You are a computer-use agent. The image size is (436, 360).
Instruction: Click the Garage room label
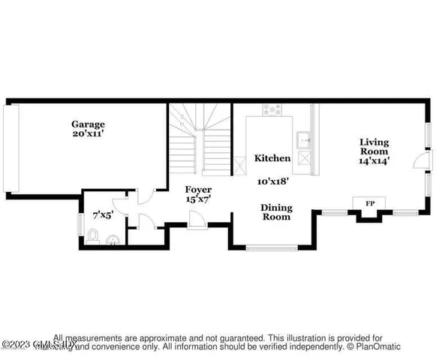[x=88, y=124]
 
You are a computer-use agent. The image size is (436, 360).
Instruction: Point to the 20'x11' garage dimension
[x=88, y=135]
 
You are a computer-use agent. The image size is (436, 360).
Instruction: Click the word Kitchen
[x=272, y=158]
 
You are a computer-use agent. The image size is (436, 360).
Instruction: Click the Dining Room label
[x=276, y=212]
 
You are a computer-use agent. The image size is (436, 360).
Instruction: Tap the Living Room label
[x=374, y=147]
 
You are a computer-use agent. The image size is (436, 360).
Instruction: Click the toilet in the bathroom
[x=92, y=237]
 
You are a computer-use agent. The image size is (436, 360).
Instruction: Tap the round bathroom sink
[x=113, y=241]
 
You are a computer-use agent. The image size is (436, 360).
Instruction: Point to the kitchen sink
[x=305, y=139]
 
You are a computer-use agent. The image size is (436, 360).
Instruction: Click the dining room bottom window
[x=273, y=247]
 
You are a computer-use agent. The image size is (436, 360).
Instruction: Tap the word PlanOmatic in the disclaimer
[x=380, y=346]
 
